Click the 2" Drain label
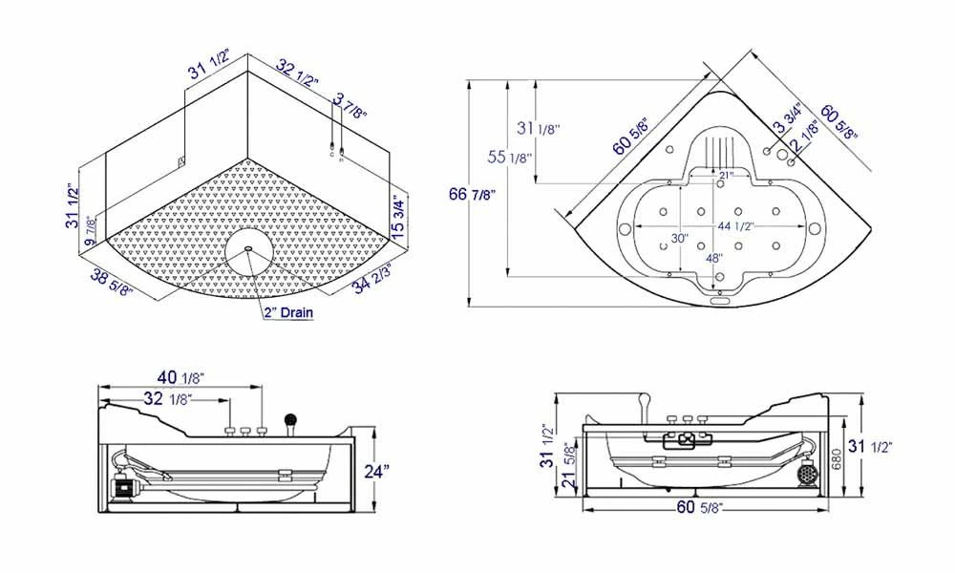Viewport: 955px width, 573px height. pos(288,311)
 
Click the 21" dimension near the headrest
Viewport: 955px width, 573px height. pos(727,175)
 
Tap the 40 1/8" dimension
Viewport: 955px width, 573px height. pos(176,377)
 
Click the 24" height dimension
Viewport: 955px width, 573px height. pos(377,472)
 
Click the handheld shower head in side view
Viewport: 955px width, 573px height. pos(289,420)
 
